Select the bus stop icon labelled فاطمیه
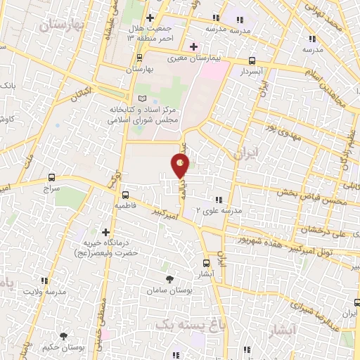pos(126,194)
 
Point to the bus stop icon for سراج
pos(51,177)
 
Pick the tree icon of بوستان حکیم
pos(64,337)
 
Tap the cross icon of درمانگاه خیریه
pos(105,231)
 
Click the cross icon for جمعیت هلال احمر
pos(149,18)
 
